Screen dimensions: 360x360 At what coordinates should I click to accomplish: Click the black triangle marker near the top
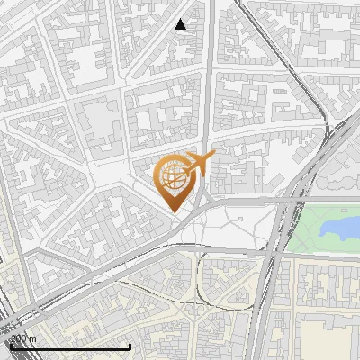181,24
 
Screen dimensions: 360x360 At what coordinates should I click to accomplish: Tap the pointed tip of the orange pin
173,211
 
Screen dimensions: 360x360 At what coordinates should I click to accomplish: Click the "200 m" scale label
22,338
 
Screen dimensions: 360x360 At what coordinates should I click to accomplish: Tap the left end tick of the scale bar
10,346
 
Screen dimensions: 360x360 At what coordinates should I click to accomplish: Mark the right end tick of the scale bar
130,346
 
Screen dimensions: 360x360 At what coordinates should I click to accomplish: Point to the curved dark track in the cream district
153,286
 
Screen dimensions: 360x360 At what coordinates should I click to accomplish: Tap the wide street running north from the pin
208,90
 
